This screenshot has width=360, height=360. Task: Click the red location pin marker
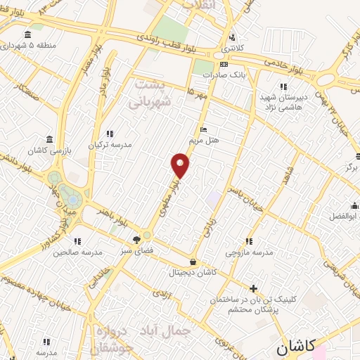coord(181,165)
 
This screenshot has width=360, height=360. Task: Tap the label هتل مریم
coord(208,140)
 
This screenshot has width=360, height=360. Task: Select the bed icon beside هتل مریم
coord(204,129)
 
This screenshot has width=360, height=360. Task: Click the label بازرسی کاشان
coord(47,150)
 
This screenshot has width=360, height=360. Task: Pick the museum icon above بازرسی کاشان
coord(49,139)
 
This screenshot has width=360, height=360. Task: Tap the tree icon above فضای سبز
coord(136,240)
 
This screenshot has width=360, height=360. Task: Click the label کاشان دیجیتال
coord(193,272)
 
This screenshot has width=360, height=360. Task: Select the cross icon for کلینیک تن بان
coord(254,288)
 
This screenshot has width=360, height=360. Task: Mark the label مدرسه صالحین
coord(77,251)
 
